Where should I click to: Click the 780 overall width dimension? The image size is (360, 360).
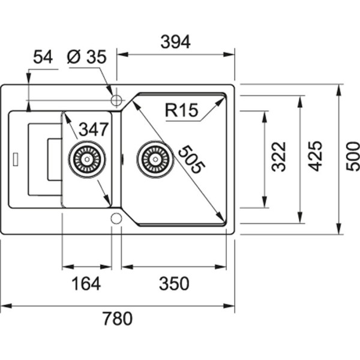coord(118,319)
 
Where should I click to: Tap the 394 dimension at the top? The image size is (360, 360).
coord(176,42)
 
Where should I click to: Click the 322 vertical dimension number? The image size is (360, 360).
coord(279,157)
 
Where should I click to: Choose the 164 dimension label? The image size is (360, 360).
coord(86,283)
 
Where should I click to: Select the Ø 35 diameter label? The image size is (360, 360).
coord(87,57)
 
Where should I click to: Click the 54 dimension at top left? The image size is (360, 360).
coord(43,57)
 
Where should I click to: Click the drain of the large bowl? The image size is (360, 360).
coord(155,159)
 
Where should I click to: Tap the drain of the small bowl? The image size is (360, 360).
coord(87,159)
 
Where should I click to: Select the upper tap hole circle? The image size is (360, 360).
coord(116,98)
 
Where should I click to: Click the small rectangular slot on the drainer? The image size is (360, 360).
coord(17,159)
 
